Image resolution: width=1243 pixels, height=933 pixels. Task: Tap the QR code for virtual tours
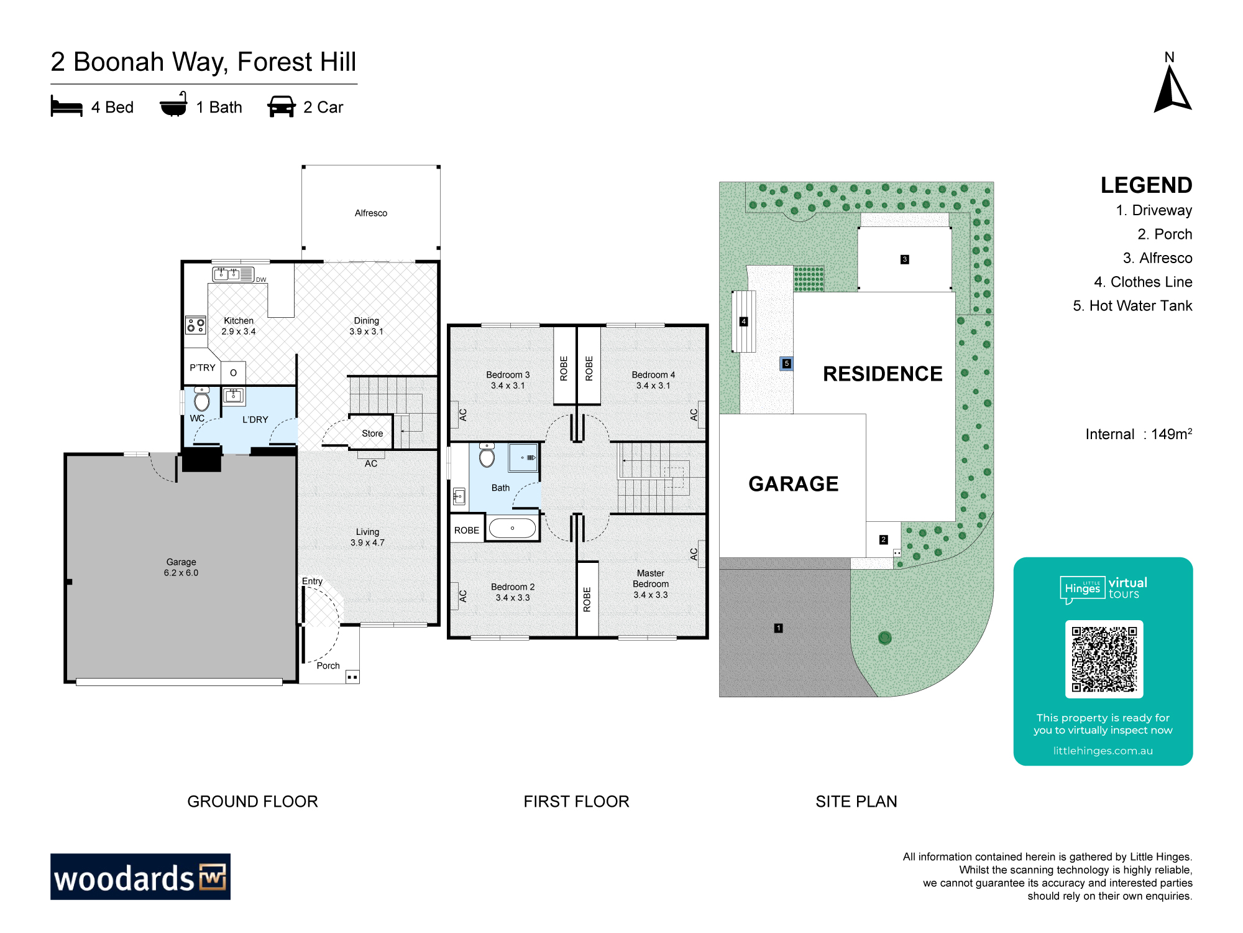(x=1104, y=659)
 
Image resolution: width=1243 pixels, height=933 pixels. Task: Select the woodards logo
(x=140, y=876)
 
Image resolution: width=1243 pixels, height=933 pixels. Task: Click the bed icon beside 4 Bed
(x=67, y=106)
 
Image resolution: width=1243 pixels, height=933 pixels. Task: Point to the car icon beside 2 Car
(x=281, y=106)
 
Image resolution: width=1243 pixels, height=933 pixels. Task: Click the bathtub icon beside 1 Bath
(x=173, y=105)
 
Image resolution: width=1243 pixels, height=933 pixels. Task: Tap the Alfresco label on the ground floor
(x=371, y=213)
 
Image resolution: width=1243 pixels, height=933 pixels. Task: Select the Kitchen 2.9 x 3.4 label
(x=239, y=326)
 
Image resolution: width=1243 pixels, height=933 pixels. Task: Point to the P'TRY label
(x=203, y=368)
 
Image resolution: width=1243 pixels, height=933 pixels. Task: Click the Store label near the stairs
(x=372, y=434)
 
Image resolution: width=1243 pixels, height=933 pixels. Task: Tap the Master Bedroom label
(x=651, y=578)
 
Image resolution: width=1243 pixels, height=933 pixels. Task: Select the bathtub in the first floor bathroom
(x=512, y=529)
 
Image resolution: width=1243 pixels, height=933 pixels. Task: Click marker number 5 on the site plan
(x=787, y=363)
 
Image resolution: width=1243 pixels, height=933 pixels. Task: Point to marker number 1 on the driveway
(x=778, y=628)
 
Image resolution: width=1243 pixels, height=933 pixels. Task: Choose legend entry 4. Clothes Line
(x=1143, y=282)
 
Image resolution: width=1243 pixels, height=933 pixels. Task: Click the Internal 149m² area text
(x=1139, y=434)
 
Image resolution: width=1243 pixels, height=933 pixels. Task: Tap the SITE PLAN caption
(x=856, y=801)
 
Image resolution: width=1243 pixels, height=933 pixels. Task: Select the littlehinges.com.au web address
(x=1103, y=751)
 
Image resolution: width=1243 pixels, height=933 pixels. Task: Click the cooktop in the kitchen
(x=196, y=325)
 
